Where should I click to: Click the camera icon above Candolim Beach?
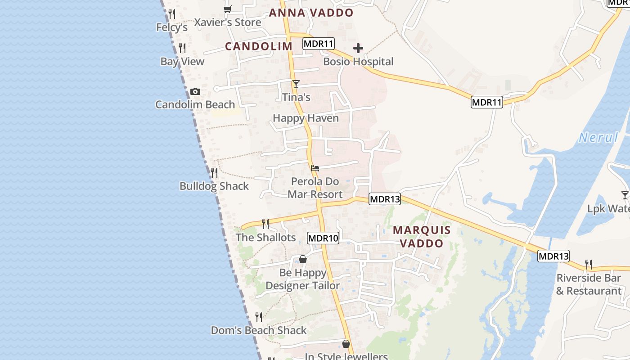[x=195, y=92]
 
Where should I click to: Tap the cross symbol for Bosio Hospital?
[x=358, y=48]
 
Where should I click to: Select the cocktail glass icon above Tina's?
[x=296, y=84]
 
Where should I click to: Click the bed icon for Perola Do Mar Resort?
[x=315, y=168]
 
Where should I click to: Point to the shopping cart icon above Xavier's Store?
[x=227, y=9]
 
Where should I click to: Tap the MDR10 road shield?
[x=323, y=238]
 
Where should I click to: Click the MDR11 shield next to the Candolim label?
[x=319, y=44]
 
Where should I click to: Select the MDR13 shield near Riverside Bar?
[x=553, y=256]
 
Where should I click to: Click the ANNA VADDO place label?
[x=311, y=13]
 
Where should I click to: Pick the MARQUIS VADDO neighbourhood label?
[x=422, y=237]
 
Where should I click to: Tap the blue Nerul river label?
[x=598, y=138]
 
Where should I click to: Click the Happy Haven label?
[x=306, y=118]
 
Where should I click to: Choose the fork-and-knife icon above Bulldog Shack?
[x=214, y=172]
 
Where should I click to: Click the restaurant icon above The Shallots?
[x=265, y=224]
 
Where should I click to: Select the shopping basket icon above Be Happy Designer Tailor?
[x=303, y=260]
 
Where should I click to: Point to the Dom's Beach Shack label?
[x=259, y=330]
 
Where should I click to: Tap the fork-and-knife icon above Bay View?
[x=182, y=48]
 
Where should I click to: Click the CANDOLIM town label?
[x=259, y=46]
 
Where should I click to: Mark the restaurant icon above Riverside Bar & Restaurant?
[x=588, y=264]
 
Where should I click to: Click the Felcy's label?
[x=172, y=27]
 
